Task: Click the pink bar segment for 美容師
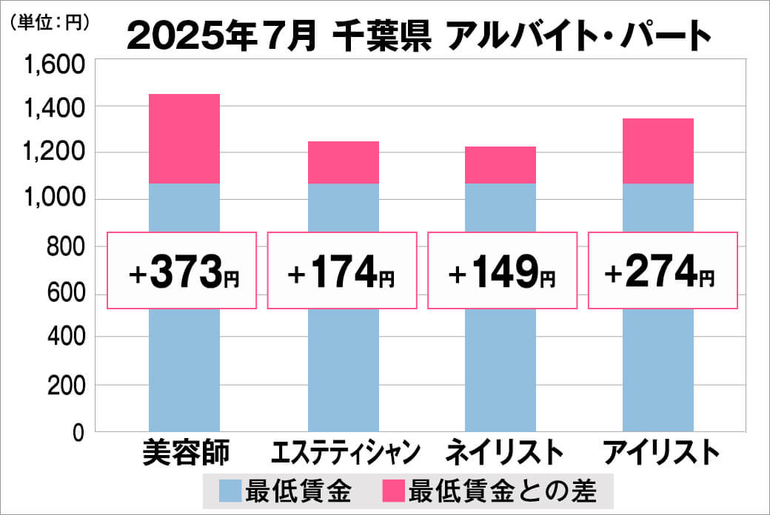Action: tap(184, 138)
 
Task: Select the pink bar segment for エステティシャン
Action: tap(343, 162)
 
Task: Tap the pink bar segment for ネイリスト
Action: tap(500, 165)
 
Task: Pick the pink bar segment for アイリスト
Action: tap(658, 151)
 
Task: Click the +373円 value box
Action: tap(182, 271)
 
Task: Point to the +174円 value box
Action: tap(341, 271)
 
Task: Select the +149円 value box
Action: tap(502, 271)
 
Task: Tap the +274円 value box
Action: tap(662, 271)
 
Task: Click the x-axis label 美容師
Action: tap(186, 452)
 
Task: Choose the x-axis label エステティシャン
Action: tap(346, 453)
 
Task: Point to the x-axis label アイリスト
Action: tap(661, 452)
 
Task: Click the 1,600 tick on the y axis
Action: tap(56, 67)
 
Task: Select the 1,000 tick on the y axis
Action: tap(56, 200)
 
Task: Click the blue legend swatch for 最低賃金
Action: tap(231, 490)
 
